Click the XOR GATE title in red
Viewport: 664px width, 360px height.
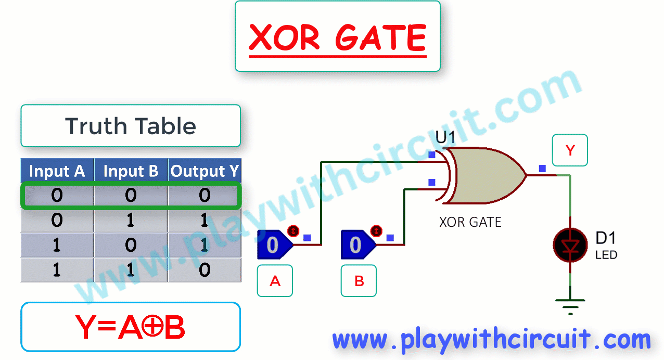coord(338,37)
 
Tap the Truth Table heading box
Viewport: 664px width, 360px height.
coord(131,125)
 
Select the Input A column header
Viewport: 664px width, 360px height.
coord(57,171)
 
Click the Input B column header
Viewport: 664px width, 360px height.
coord(131,171)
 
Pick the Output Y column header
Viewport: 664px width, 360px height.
coord(205,171)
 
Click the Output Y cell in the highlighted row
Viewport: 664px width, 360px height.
coord(205,195)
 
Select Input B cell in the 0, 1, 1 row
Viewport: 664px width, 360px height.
coord(131,220)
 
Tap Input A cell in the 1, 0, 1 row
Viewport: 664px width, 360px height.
coord(57,245)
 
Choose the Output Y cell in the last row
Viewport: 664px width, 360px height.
coord(205,270)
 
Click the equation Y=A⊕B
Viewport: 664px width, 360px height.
coord(131,327)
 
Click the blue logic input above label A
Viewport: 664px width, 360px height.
coord(275,245)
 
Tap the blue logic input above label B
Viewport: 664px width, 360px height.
coord(358,245)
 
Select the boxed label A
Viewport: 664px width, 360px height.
coord(275,281)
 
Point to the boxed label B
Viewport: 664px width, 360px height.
coord(359,281)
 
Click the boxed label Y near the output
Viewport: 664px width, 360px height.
coord(570,150)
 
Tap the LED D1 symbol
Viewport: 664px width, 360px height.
coord(570,245)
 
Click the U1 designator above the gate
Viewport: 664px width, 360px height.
coord(445,137)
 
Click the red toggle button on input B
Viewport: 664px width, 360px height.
coord(376,231)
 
